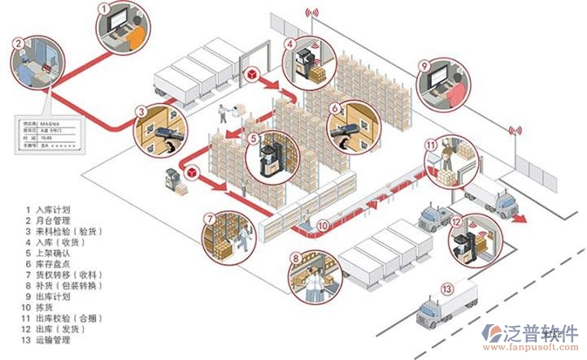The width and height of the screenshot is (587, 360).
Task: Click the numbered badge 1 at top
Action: tap(103, 8)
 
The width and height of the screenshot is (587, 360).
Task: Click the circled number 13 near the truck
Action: tap(446, 288)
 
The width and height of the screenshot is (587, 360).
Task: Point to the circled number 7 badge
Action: tap(210, 219)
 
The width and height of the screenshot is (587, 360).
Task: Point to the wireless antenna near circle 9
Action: tap(515, 129)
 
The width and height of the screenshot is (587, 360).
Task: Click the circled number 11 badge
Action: tap(431, 146)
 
